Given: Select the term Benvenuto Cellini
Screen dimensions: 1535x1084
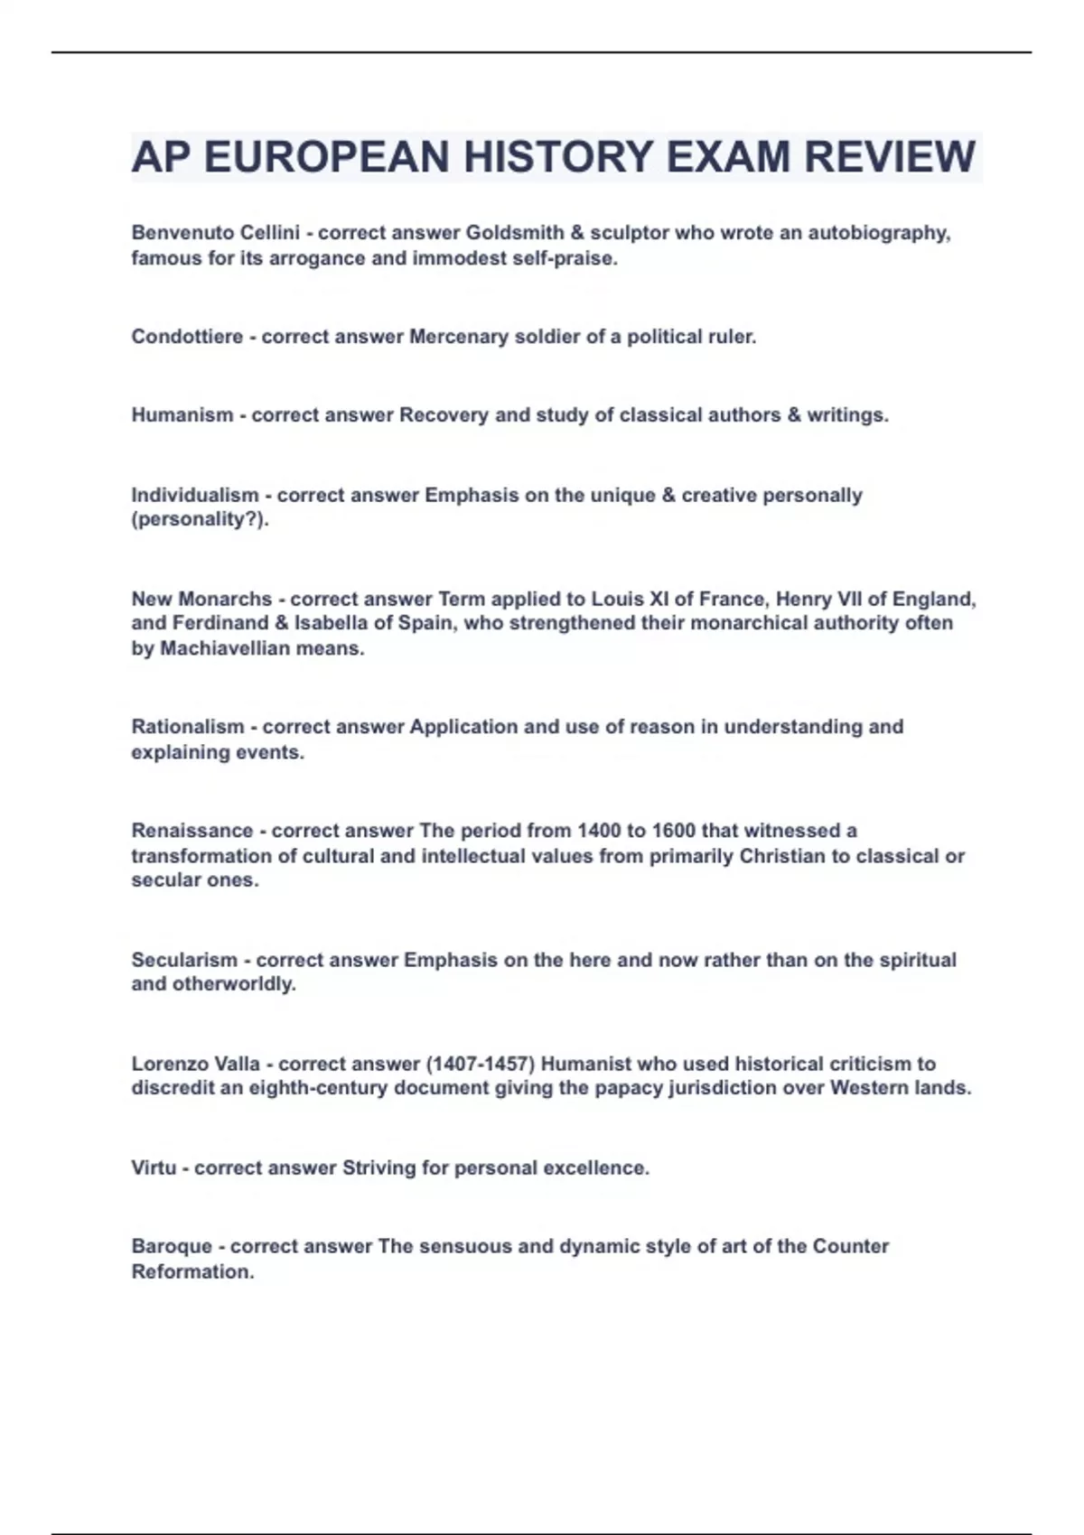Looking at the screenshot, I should pos(215,233).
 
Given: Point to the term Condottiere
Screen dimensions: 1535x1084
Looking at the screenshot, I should pos(187,337).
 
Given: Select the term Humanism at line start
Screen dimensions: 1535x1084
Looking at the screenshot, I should pos(182,415).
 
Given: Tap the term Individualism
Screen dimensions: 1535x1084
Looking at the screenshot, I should pos(194,495).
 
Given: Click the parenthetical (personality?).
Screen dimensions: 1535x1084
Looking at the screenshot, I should pos(199,520).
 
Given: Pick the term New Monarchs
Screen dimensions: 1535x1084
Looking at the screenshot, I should pos(201,599).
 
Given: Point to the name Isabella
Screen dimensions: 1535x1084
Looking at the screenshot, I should pos(331,623).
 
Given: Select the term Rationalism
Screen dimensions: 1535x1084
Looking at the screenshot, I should pos(188,727).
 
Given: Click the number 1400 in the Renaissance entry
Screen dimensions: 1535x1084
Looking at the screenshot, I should pos(599,831).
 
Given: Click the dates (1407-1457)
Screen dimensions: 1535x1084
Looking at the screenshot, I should pos(479,1064).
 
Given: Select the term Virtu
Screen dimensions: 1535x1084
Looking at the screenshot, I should pos(154,1168).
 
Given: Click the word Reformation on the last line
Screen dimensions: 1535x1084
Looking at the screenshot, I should pos(191,1271).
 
